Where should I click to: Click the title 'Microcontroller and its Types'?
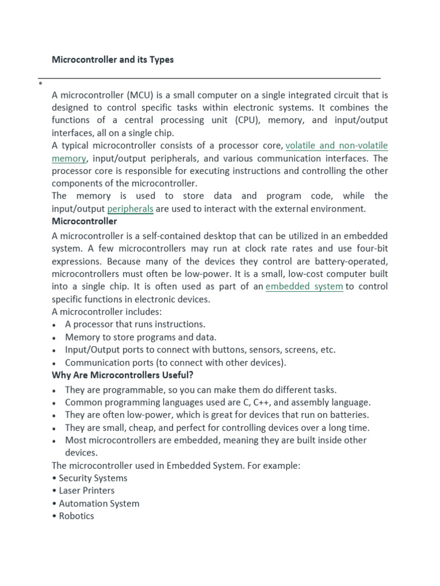(112, 60)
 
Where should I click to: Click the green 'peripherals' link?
(130, 209)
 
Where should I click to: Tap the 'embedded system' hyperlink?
(304, 286)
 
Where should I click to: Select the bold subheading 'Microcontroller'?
(84, 221)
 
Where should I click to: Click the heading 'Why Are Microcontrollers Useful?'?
(123, 375)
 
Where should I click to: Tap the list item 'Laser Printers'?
(87, 490)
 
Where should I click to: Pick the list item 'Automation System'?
(99, 504)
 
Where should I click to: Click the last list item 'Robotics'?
(76, 516)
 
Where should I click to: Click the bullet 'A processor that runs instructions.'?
(135, 324)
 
